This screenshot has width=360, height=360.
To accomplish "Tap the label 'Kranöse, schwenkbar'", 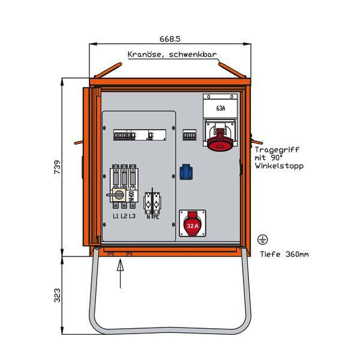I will tap(172, 55).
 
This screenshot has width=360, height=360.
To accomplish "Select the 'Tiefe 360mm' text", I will tap(284, 254).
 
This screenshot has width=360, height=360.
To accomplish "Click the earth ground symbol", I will tap(262, 239).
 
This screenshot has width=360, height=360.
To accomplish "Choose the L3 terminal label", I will tap(132, 216).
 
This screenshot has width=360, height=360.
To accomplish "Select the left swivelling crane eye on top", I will tap(103, 70).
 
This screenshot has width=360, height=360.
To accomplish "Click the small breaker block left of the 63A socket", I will tap(190, 136).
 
